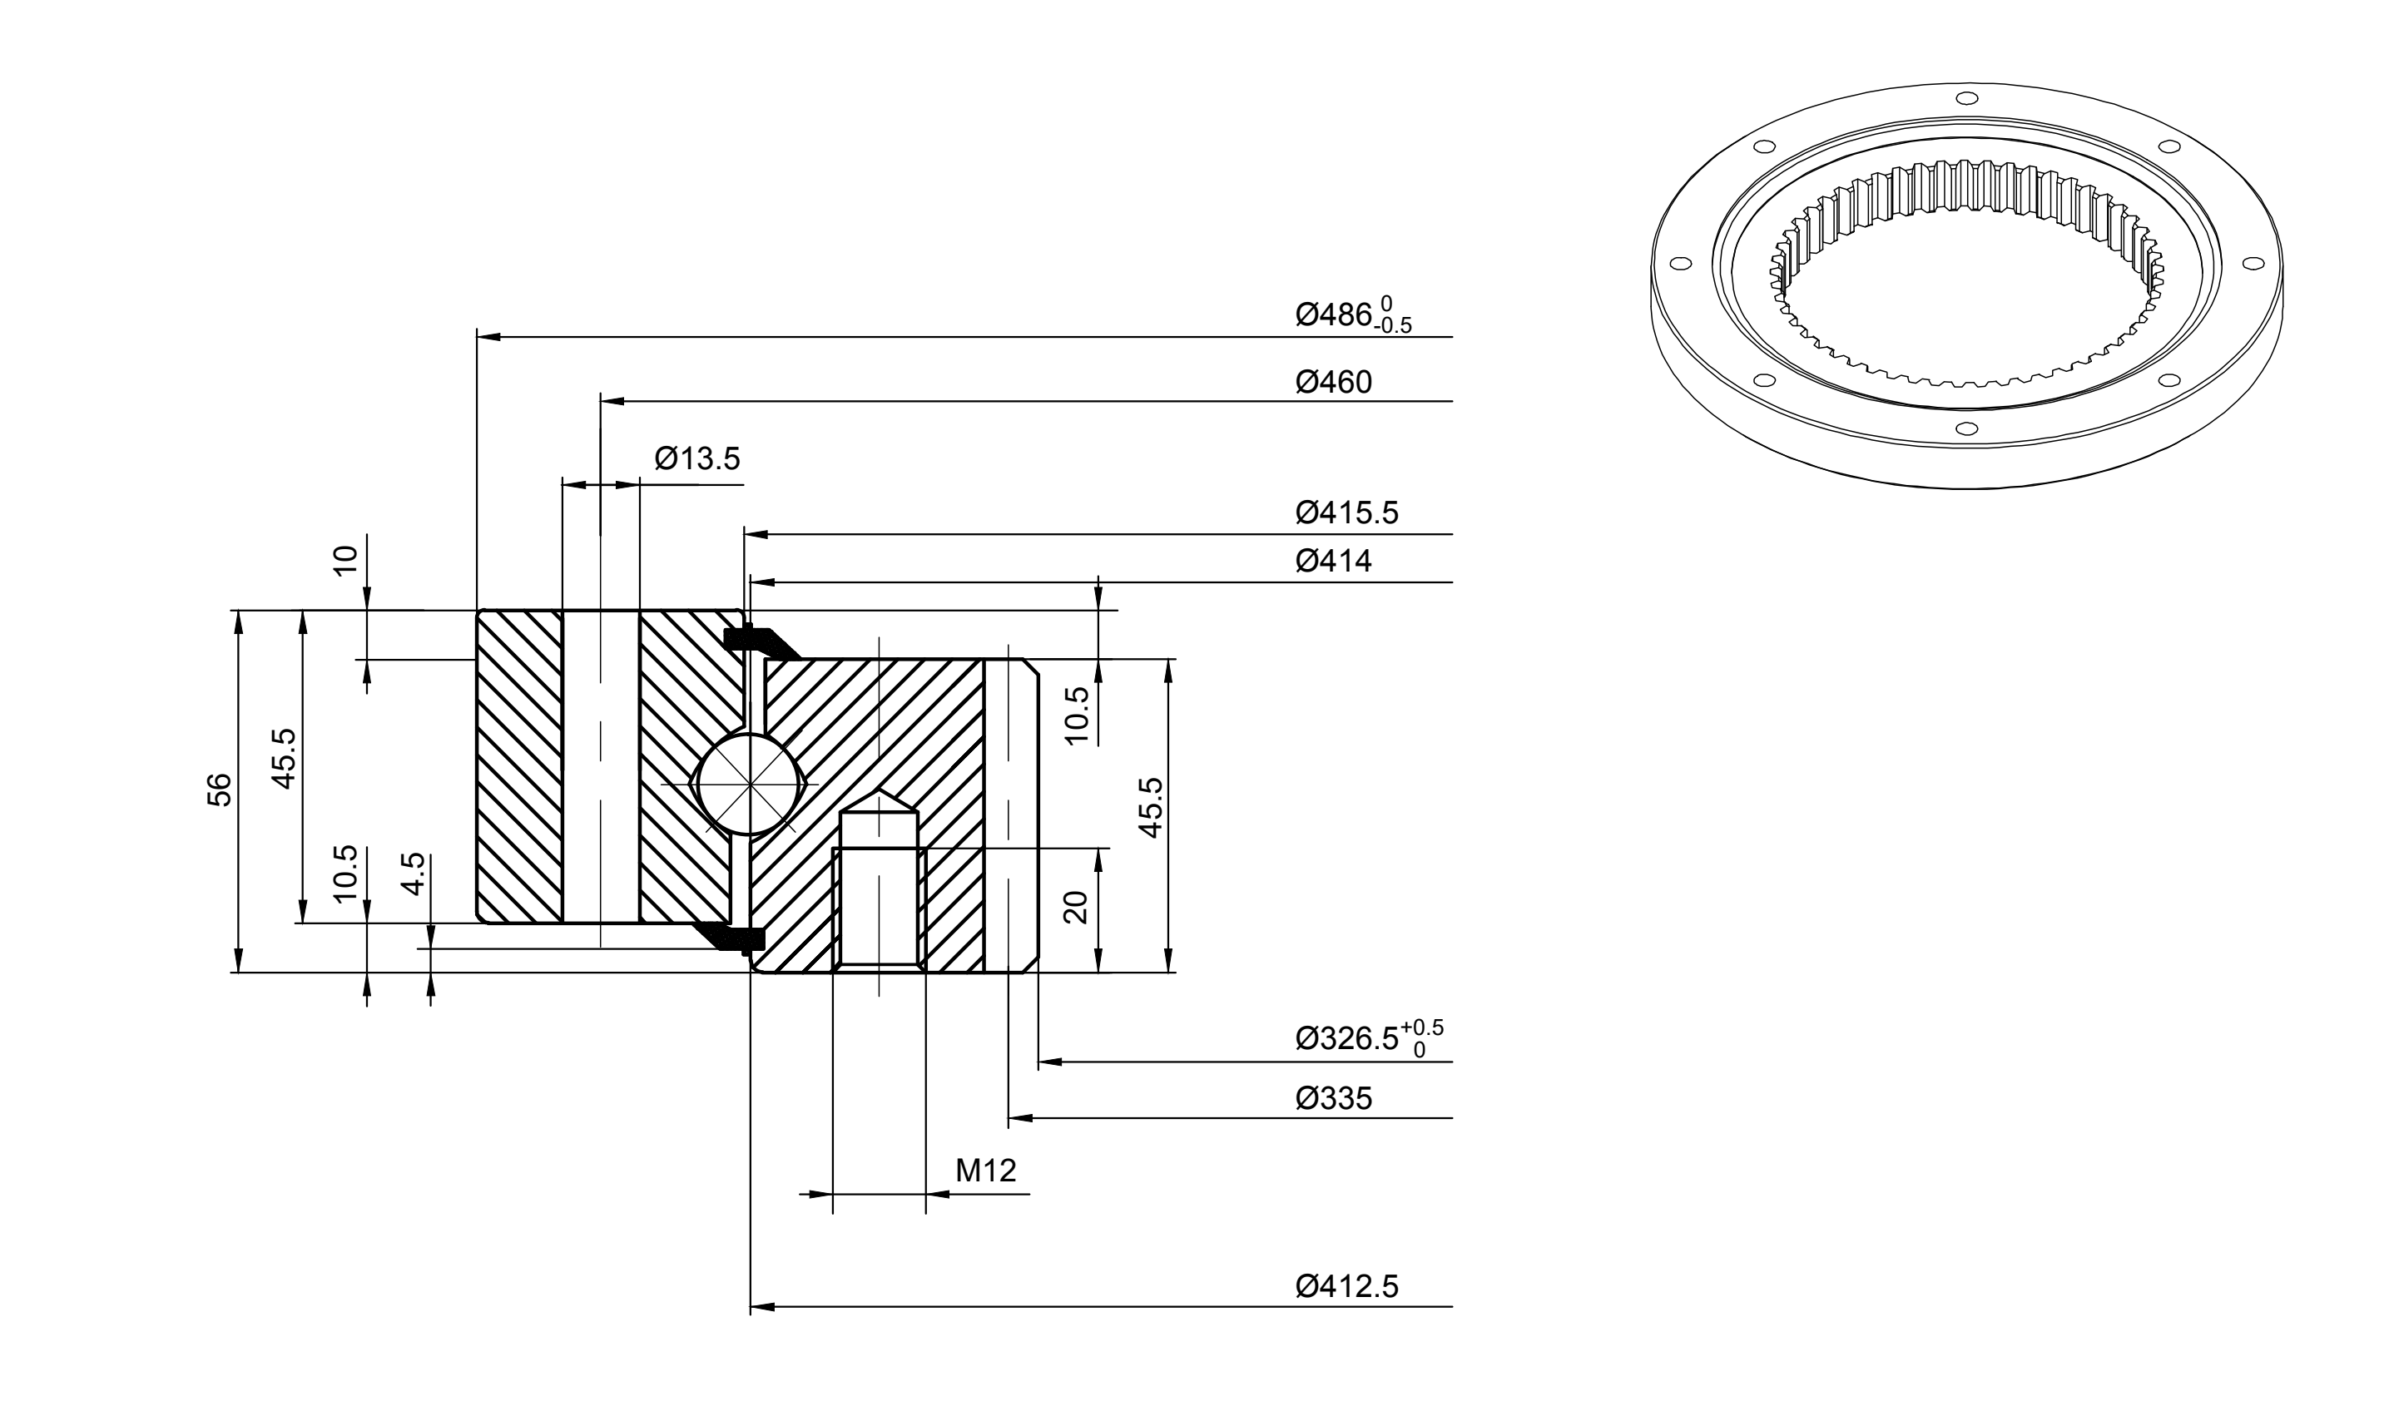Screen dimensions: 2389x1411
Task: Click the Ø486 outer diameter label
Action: click(x=1353, y=314)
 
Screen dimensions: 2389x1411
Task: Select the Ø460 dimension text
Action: click(x=1333, y=382)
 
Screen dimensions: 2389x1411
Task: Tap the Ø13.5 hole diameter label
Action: click(x=697, y=459)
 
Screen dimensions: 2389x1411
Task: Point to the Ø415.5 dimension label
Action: click(x=1346, y=513)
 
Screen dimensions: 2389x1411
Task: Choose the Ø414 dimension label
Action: click(x=1333, y=561)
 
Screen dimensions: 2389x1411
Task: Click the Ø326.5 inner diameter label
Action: click(x=1370, y=1037)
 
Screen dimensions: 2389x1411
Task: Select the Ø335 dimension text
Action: click(x=1333, y=1099)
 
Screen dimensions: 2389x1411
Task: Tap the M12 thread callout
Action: click(x=986, y=1171)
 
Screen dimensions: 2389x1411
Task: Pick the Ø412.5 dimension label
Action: click(x=1346, y=1287)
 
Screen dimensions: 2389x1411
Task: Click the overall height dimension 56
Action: click(x=219, y=790)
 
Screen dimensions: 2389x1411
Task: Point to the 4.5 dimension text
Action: click(x=413, y=874)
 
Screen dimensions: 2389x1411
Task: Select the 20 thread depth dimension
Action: click(x=1074, y=908)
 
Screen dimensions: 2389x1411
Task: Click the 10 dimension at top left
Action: click(x=346, y=559)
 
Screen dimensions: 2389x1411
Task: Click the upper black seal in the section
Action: click(x=761, y=641)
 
